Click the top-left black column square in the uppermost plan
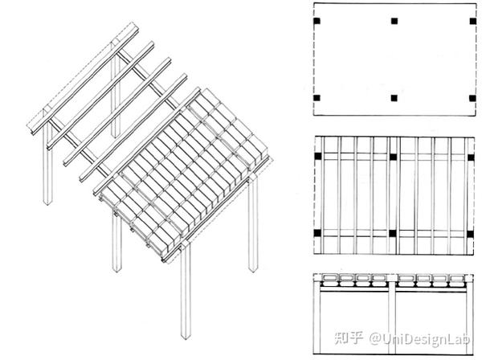[x=317, y=21]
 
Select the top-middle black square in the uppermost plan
[x=394, y=21]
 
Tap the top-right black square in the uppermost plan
[x=473, y=21]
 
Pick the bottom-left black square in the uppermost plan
[x=317, y=98]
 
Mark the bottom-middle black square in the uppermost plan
[x=394, y=98]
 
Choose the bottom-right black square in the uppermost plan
[x=472, y=98]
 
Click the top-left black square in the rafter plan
[x=318, y=156]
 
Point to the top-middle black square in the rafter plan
[x=393, y=157]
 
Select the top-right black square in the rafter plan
[x=471, y=157]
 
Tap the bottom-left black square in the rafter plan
[x=317, y=233]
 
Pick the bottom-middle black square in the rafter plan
[x=393, y=233]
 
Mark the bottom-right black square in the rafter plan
[x=470, y=234]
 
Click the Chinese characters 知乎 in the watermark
[x=349, y=337]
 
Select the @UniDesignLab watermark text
[x=419, y=339]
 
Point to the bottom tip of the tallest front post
[x=186, y=339]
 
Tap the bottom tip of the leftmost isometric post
[x=47, y=205]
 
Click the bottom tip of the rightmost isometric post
[x=253, y=272]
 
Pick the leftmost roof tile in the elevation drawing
[x=330, y=278]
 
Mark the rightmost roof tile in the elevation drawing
[x=457, y=279]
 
